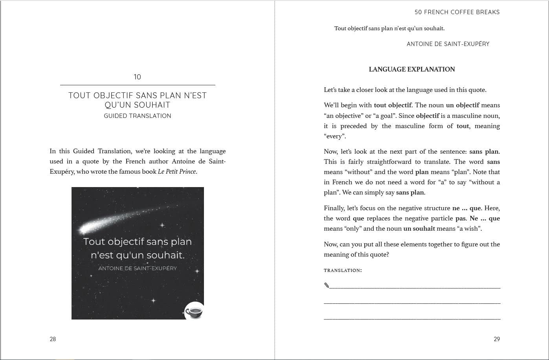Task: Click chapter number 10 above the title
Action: (x=137, y=77)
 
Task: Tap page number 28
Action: (x=53, y=339)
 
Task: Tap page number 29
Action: (x=497, y=339)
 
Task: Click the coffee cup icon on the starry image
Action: (x=194, y=312)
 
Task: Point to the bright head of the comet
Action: (x=84, y=228)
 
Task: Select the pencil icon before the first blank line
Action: (x=327, y=285)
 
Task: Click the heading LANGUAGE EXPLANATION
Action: (x=411, y=70)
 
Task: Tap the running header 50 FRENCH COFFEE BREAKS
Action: (x=457, y=12)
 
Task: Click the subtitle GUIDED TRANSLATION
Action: (x=138, y=116)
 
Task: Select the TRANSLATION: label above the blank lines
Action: (x=343, y=270)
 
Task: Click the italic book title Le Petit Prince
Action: (x=177, y=172)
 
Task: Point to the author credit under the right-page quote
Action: (x=448, y=44)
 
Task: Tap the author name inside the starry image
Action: (x=138, y=268)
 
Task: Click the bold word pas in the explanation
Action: (x=460, y=219)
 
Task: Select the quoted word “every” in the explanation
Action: (x=334, y=136)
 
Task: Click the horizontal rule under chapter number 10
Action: (x=138, y=85)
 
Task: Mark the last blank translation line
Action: (x=412, y=319)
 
